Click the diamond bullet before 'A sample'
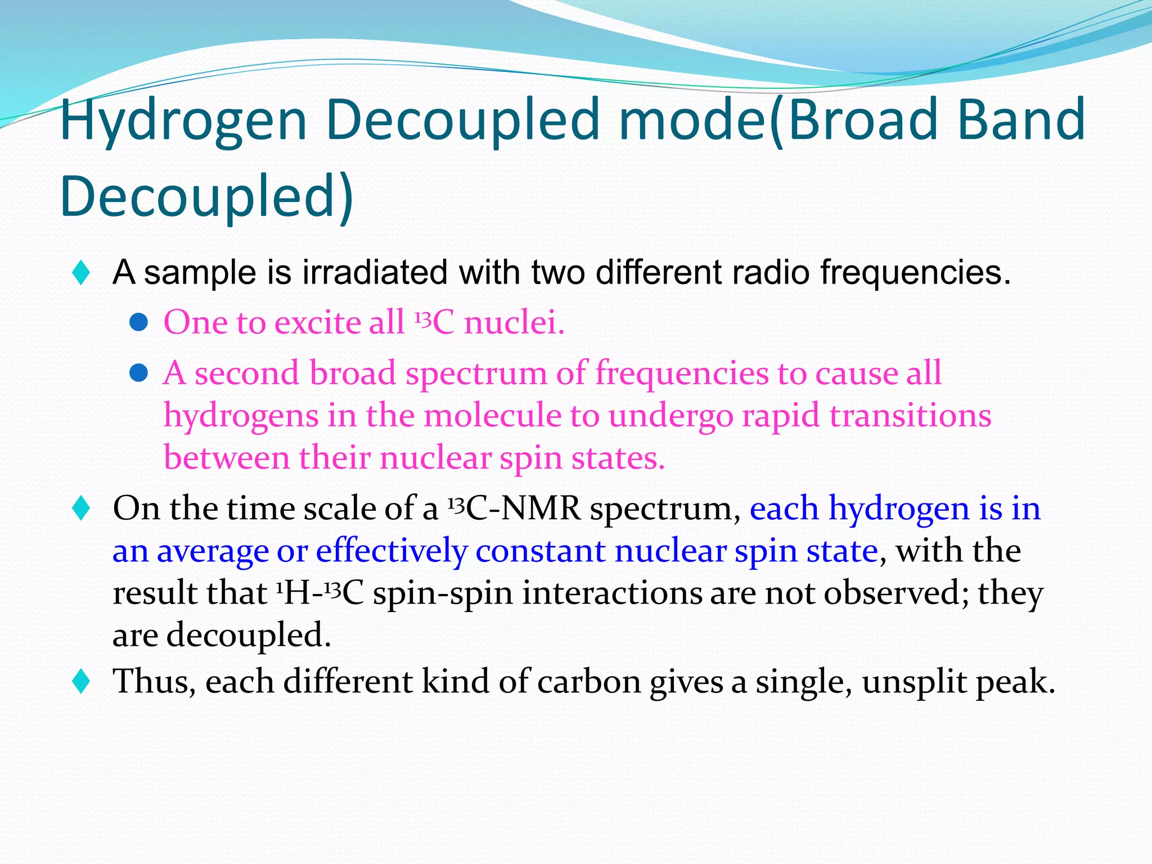point(82,273)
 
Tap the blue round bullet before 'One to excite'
point(138,322)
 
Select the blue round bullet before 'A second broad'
point(138,372)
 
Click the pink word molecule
point(492,416)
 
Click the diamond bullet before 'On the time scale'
point(82,508)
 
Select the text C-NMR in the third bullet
point(523,508)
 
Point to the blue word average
point(213,551)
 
